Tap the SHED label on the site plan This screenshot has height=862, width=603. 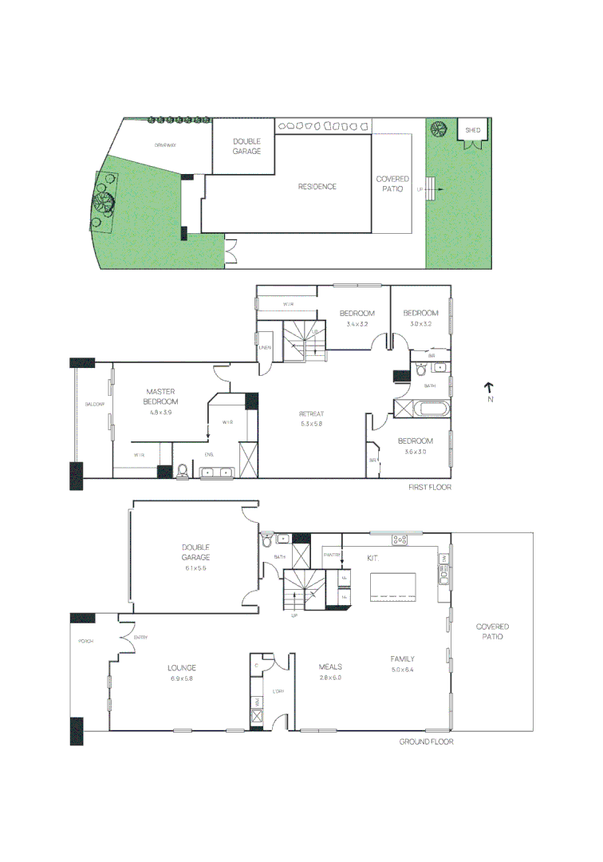coord(474,129)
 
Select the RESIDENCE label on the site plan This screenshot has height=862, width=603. coord(317,187)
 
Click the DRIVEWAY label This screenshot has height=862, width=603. coord(165,146)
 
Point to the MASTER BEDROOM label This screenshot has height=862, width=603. coord(161,397)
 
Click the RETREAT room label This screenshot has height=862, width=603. coord(311,413)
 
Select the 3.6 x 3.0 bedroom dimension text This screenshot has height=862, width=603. coord(416,452)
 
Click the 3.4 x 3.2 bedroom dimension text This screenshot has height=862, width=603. coord(357,324)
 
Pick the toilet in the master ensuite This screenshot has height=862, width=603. coord(183,471)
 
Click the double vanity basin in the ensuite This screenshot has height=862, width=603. coord(216,473)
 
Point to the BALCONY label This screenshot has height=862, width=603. coord(95,405)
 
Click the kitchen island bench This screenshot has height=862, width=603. coord(393,587)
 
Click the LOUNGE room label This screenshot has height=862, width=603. coord(182,668)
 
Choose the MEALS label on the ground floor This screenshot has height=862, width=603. coord(330,666)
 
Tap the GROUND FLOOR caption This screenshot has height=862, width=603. coord(427,741)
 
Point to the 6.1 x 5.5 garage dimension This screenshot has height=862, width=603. coord(195,568)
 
